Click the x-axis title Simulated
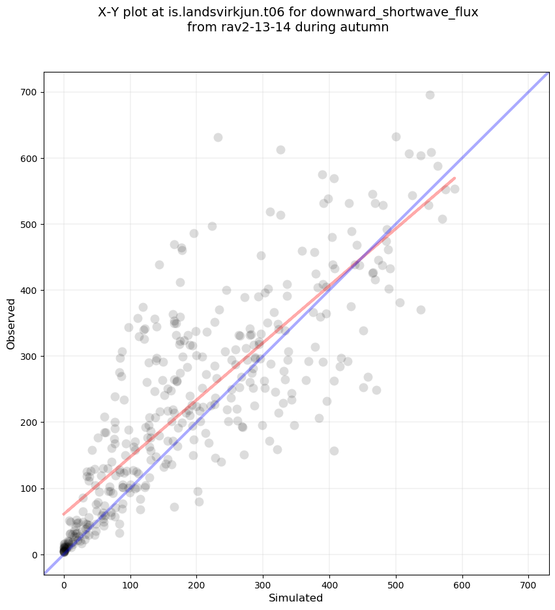tap(296, 598)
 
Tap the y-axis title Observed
tap(11, 324)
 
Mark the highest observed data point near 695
tap(430, 95)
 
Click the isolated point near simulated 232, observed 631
tap(218, 137)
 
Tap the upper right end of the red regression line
tap(455, 178)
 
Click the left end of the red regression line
tap(63, 514)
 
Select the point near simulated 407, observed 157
tap(334, 451)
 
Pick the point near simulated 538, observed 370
tap(421, 310)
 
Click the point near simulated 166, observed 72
tap(174, 507)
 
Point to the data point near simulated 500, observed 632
tap(396, 136)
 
